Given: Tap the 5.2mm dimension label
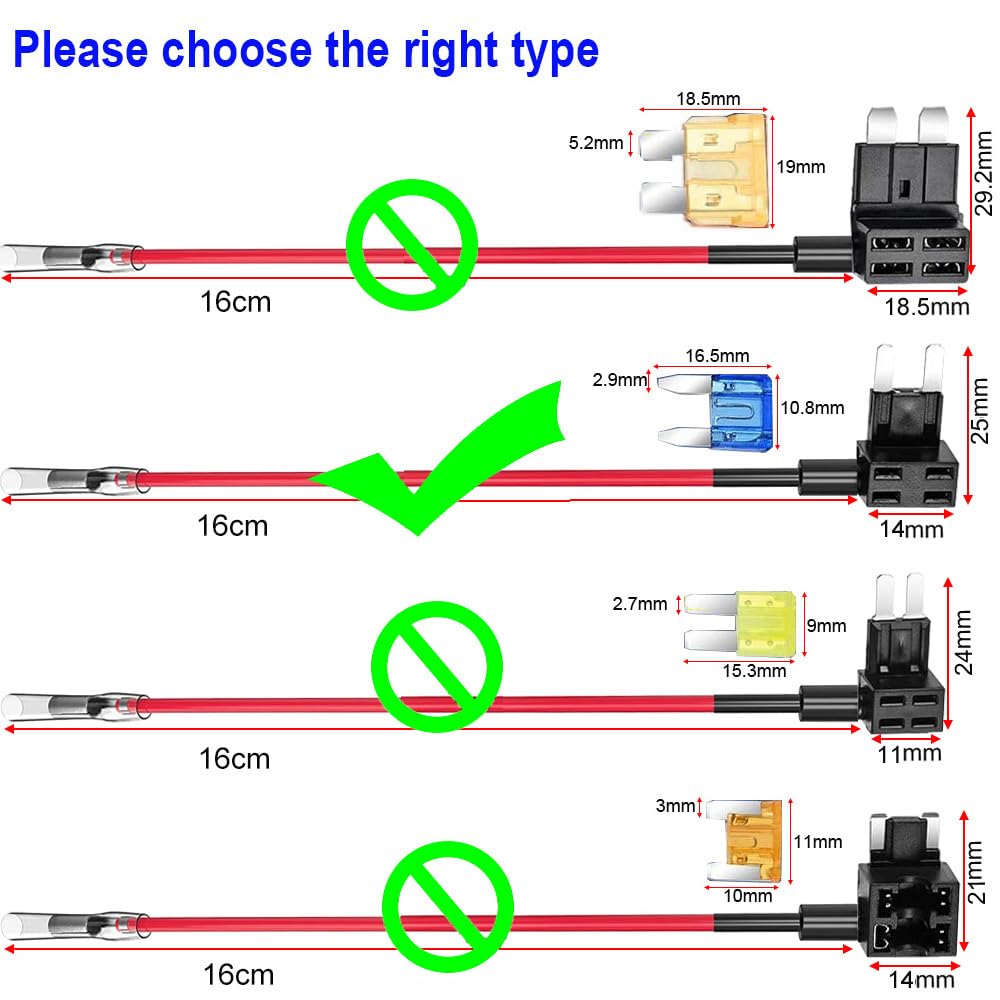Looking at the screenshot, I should [x=595, y=143].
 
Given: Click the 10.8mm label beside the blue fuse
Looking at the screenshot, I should [x=812, y=407].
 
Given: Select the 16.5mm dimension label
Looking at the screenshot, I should [x=716, y=356].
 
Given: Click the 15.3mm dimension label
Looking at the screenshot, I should [x=754, y=670].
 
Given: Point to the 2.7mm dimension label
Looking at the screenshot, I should [x=639, y=603].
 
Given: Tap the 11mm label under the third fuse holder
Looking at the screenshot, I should [x=909, y=753].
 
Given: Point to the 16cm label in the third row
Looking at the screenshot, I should [x=234, y=758].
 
